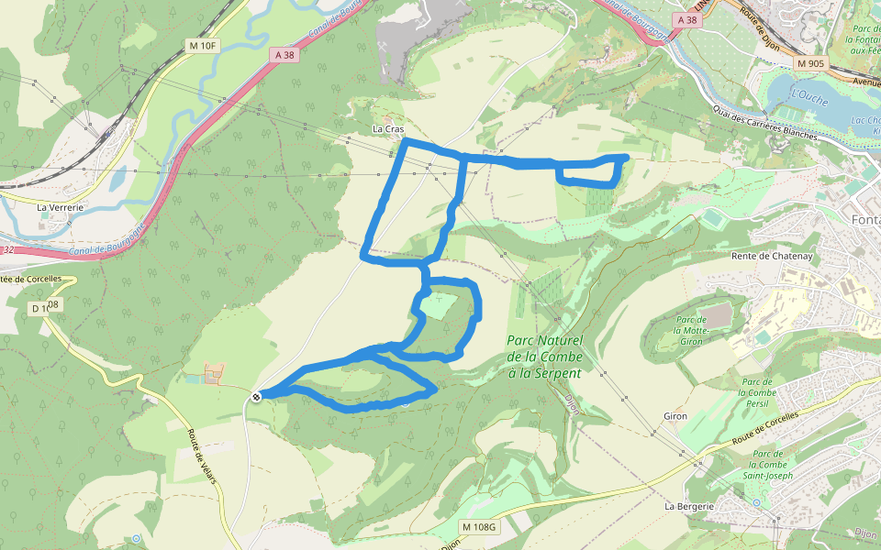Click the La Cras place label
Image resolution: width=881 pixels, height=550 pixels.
pos(388,129)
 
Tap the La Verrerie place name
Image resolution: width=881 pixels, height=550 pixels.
pos(60,207)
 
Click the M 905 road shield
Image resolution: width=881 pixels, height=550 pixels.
pos(810,63)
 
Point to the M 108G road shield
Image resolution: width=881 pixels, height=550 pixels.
pos(478,526)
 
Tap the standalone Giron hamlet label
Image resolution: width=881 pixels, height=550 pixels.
pos(675,416)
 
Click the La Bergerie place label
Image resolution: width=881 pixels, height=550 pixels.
pos(689,505)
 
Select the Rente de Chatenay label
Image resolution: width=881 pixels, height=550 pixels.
pos(772,257)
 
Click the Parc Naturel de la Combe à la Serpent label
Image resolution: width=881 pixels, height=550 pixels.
pos(544,357)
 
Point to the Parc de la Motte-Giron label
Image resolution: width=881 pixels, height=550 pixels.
pos(689,330)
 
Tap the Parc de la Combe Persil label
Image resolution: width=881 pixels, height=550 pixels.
pos(757,392)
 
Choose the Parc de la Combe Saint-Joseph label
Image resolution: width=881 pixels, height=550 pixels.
pos(767,469)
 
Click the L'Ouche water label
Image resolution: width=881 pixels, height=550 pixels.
pos(809,94)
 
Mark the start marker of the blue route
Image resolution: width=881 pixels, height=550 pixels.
pos(256,396)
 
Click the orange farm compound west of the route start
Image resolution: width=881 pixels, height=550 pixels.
pos(214,373)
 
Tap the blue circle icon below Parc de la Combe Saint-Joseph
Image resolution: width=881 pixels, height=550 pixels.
pos(756,502)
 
